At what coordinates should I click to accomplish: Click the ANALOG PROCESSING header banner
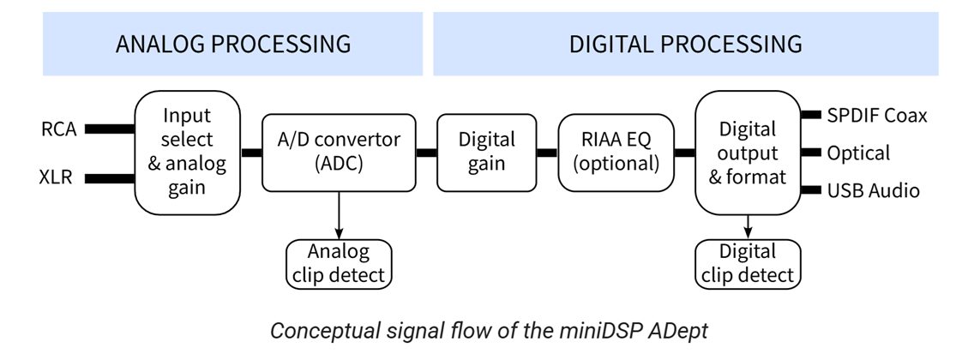232,44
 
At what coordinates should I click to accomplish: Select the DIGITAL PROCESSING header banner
685,44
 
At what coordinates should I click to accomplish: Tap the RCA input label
58,130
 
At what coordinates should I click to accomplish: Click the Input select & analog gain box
187,152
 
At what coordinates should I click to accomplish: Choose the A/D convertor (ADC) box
339,152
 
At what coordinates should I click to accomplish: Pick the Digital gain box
486,152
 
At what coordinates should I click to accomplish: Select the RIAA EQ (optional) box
615,152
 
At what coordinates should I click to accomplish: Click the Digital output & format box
748,152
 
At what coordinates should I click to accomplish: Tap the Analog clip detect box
339,264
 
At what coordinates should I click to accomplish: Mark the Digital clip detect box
748,264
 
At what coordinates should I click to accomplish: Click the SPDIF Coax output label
876,115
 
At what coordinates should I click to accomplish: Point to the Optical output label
858,153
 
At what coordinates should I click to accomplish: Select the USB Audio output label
873,190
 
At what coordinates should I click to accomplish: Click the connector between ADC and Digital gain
426,153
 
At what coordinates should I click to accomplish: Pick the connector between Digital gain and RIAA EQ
547,153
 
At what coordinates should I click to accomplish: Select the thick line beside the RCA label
110,129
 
